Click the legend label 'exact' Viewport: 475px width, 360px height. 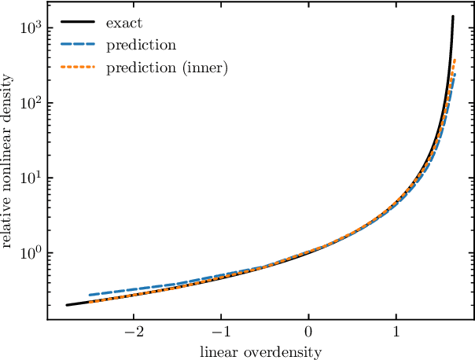(x=123, y=24)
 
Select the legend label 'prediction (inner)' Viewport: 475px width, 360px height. (x=167, y=68)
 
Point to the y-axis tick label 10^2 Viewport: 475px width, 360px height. (x=30, y=103)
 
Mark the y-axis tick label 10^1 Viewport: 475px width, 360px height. (x=30, y=178)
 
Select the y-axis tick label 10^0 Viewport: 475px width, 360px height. (x=30, y=253)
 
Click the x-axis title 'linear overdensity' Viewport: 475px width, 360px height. (x=260, y=352)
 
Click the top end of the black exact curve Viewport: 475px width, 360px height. (x=453, y=17)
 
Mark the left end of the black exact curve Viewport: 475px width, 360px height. (x=67, y=305)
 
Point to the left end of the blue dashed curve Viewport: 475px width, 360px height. (x=89, y=295)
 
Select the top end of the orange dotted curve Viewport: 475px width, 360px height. (x=455, y=60)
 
